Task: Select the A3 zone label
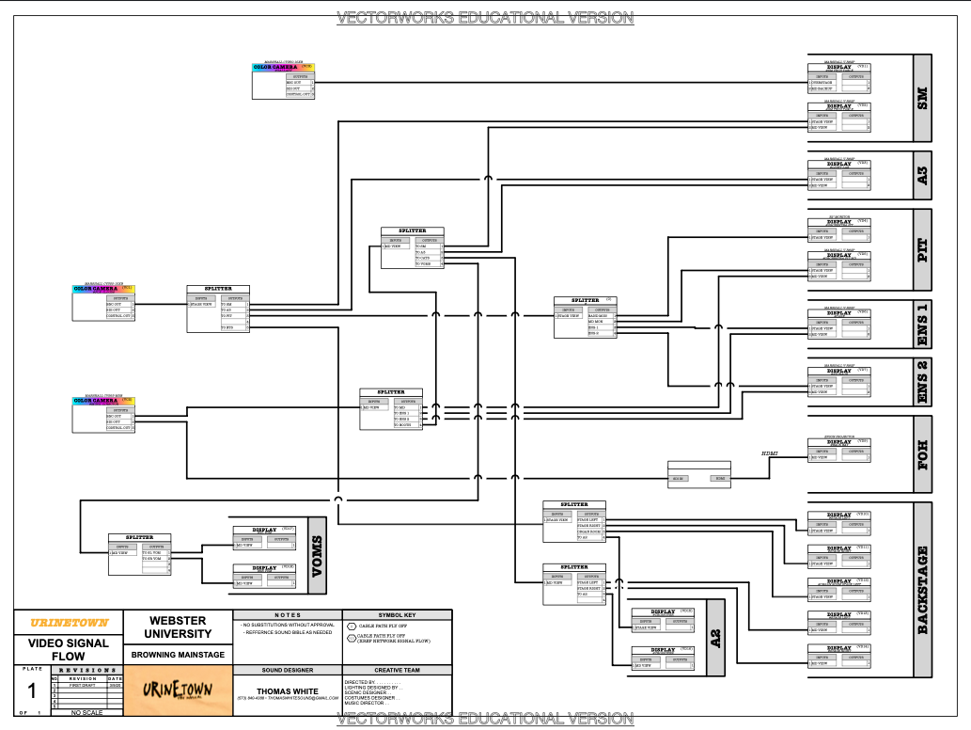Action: (922, 175)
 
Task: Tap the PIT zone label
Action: (922, 250)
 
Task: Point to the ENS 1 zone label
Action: (922, 325)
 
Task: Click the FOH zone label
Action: (922, 455)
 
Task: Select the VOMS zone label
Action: (317, 556)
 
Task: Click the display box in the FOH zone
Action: (839, 449)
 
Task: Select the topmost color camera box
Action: (284, 81)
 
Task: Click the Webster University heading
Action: (178, 627)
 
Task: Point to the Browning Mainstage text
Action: (178, 654)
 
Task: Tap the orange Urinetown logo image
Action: (177, 690)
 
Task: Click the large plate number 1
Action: (31, 691)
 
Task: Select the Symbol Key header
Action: (395, 614)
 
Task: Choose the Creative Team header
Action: (395, 670)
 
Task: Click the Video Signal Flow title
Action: (68, 649)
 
